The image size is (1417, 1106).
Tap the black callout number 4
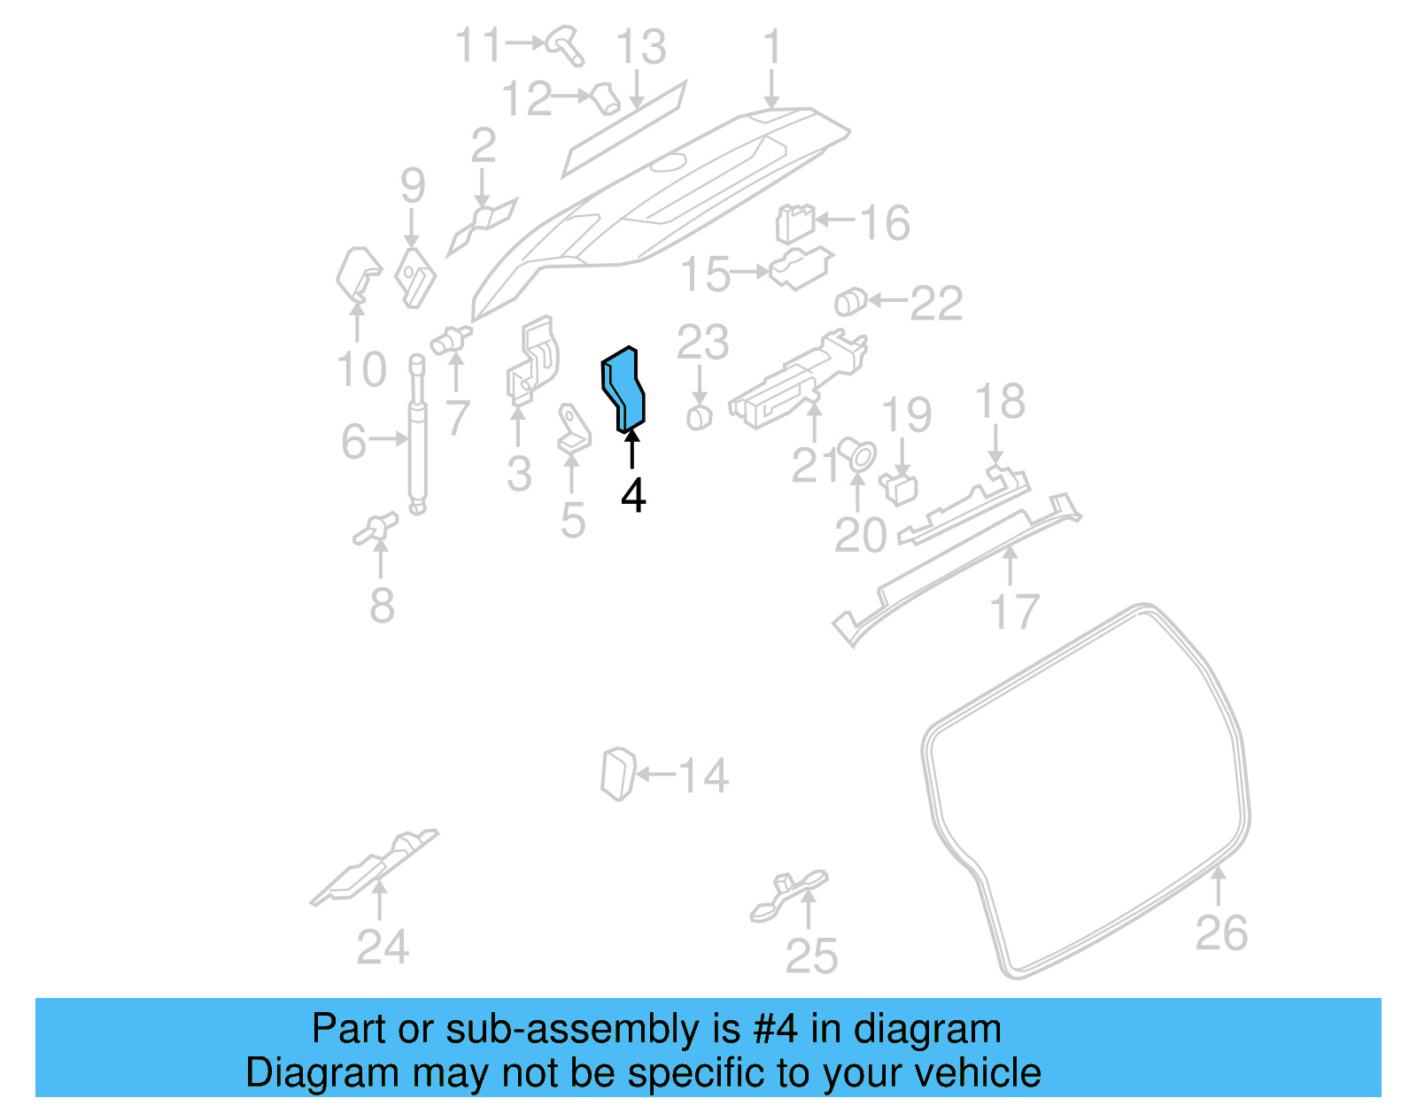point(633,496)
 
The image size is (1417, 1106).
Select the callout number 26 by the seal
point(1221,933)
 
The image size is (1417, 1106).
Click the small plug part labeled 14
point(617,774)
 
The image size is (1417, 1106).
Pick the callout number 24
point(383,947)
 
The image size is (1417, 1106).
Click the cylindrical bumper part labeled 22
point(849,302)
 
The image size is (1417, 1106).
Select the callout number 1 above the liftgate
point(772,46)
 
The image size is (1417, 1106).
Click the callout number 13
point(640,47)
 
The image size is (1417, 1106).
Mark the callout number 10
point(361,369)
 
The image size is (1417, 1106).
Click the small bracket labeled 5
point(573,430)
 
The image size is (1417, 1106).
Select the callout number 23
point(702,343)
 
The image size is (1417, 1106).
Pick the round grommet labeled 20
point(857,455)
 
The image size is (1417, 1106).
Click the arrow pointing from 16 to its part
point(835,220)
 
